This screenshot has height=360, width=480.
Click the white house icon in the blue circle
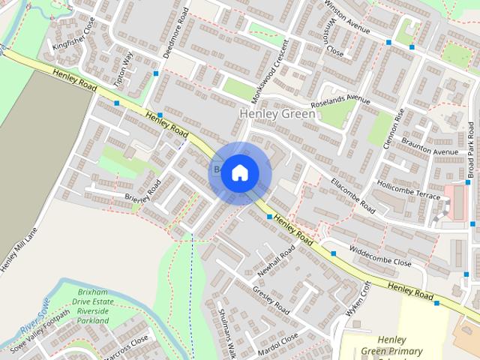(x=239, y=173)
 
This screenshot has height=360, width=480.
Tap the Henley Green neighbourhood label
(x=277, y=114)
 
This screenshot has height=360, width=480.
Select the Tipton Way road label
(x=124, y=67)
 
